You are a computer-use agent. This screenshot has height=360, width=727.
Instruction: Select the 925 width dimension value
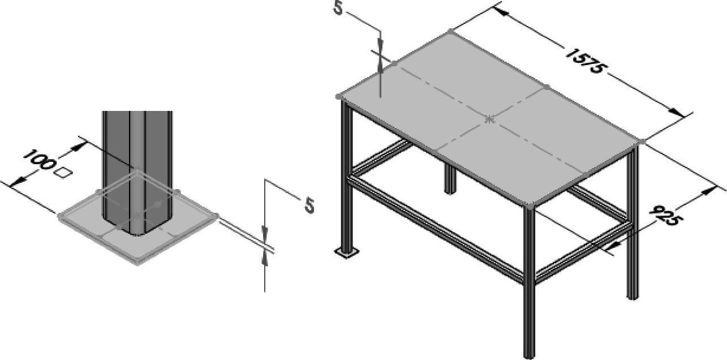click(666, 216)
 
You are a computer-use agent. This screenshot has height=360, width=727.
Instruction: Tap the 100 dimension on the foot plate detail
click(38, 160)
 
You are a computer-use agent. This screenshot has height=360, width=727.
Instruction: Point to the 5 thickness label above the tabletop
click(338, 8)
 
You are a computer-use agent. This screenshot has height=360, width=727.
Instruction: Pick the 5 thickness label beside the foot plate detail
click(309, 205)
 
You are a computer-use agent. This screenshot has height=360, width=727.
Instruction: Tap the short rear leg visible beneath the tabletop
click(450, 178)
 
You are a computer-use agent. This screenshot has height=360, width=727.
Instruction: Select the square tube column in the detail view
click(137, 173)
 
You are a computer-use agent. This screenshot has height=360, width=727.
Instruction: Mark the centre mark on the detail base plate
click(138, 215)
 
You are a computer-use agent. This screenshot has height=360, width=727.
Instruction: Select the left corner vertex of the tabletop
click(338, 96)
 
